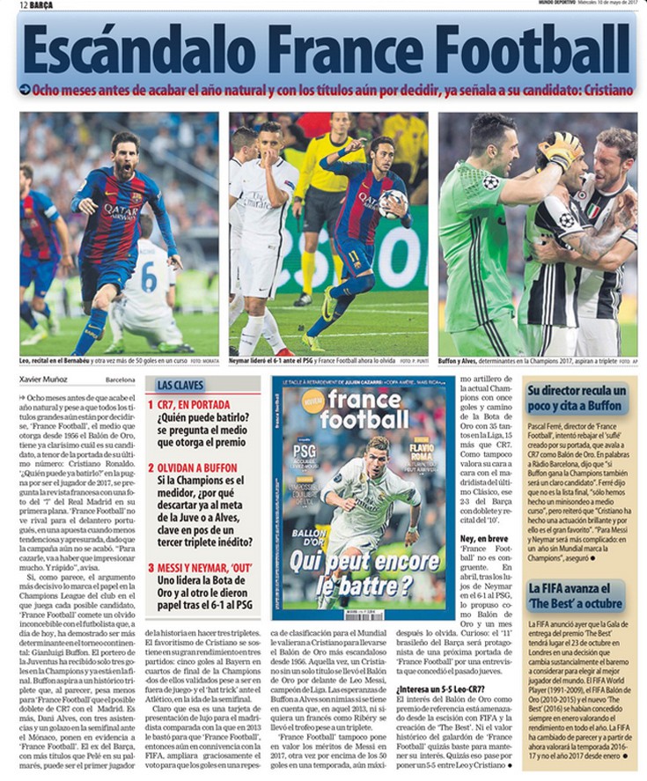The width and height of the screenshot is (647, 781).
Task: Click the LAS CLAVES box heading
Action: tap(180, 386)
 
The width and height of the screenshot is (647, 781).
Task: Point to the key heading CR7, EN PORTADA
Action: tap(194, 405)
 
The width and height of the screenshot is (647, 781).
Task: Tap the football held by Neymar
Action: tap(393, 203)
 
